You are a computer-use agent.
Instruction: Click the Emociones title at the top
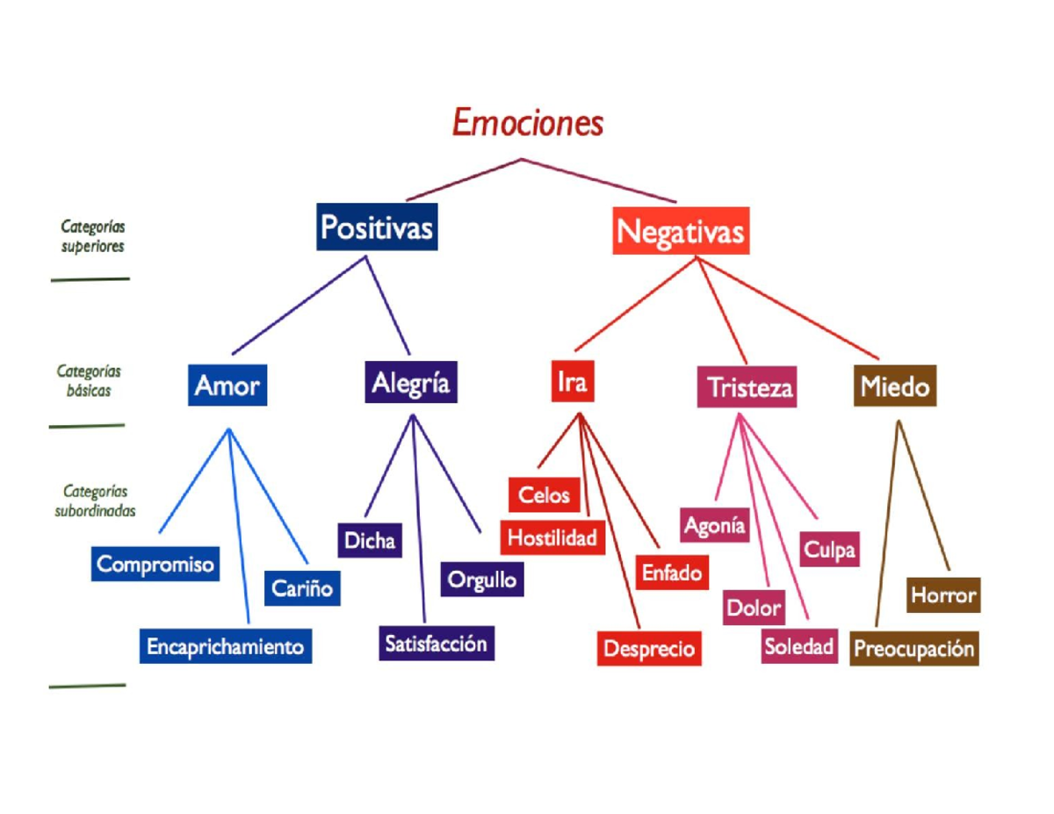click(x=528, y=122)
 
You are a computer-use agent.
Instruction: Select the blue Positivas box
click(x=377, y=227)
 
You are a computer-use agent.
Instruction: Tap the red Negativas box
click(x=681, y=231)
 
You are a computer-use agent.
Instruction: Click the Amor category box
click(x=227, y=385)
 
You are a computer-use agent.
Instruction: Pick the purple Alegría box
click(x=411, y=382)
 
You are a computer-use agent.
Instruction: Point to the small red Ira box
click(x=573, y=381)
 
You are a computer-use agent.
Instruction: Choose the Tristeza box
click(x=747, y=386)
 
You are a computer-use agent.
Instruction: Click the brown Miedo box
click(x=895, y=385)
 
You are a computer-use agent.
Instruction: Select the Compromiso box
click(x=155, y=564)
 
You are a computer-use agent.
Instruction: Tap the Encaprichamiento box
click(x=226, y=646)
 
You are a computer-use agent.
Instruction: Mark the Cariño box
click(x=302, y=588)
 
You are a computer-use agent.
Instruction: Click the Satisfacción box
click(x=437, y=644)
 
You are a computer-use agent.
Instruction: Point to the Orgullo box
click(x=482, y=580)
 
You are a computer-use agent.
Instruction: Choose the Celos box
click(x=545, y=495)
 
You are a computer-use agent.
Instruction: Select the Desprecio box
click(x=649, y=648)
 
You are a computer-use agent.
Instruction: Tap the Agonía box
click(x=714, y=525)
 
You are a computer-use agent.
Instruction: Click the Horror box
click(x=943, y=594)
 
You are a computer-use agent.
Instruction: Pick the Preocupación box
click(x=913, y=648)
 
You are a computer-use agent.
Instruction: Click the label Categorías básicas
click(x=89, y=380)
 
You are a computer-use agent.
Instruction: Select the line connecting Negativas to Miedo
click(x=788, y=308)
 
